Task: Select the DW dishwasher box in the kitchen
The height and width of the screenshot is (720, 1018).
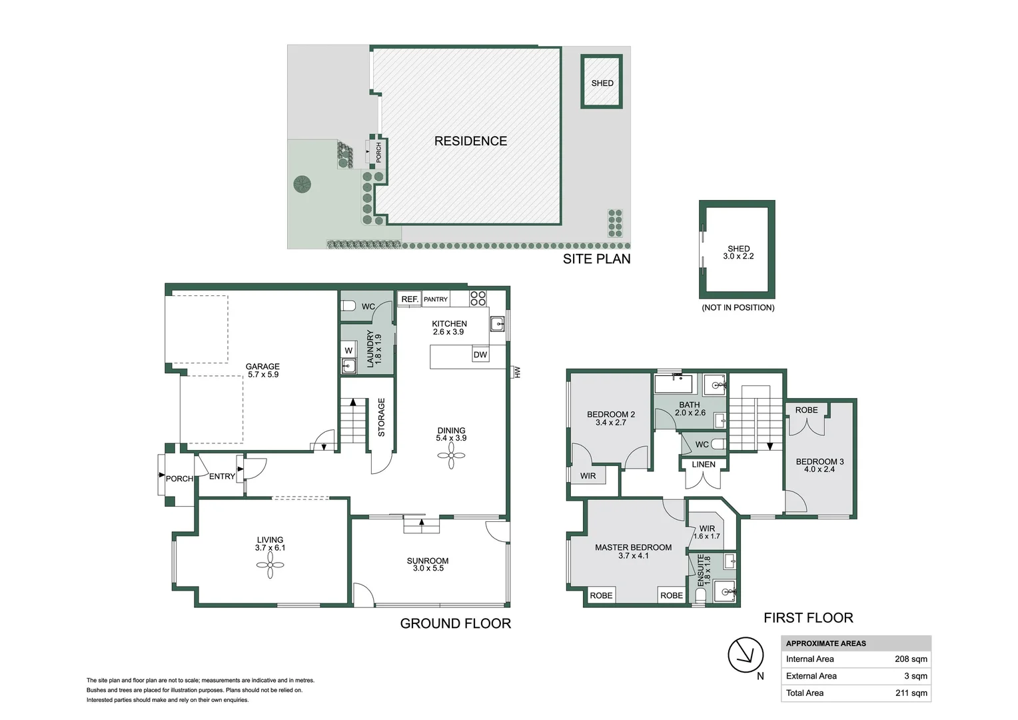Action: [x=480, y=355]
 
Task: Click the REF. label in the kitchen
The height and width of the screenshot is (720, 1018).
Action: [x=410, y=299]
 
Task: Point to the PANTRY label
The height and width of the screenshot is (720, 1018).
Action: [x=436, y=299]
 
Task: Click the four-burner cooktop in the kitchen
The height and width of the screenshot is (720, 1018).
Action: [x=478, y=298]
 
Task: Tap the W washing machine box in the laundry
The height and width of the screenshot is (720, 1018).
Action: [x=348, y=351]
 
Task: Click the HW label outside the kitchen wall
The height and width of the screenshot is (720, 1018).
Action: [x=517, y=372]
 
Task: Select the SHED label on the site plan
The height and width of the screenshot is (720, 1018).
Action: [x=602, y=83]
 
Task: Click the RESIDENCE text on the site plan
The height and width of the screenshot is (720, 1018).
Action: [x=470, y=141]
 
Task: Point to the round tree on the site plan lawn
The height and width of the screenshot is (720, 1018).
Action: [x=302, y=183]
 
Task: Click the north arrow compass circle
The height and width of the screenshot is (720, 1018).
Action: [x=745, y=655]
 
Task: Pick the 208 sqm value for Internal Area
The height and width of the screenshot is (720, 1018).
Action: [x=911, y=659]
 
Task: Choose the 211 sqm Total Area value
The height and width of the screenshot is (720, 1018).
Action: [x=911, y=693]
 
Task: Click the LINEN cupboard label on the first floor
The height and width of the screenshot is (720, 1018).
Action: [x=704, y=465]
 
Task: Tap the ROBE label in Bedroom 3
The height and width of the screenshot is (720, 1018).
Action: [x=806, y=410]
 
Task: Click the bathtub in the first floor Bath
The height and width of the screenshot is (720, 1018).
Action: [x=674, y=385]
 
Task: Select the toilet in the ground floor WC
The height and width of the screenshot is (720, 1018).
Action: [x=348, y=306]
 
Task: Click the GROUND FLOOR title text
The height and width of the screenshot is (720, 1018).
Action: [x=455, y=624]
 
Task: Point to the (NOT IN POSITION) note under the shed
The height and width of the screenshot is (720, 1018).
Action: [x=738, y=308]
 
